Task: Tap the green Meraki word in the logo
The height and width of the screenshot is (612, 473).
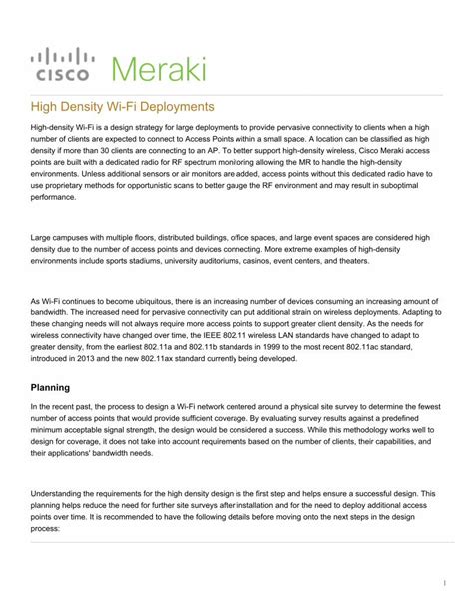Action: click(x=159, y=70)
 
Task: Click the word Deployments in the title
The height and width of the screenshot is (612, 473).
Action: click(x=179, y=105)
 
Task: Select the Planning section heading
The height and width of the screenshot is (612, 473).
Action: click(x=50, y=387)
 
